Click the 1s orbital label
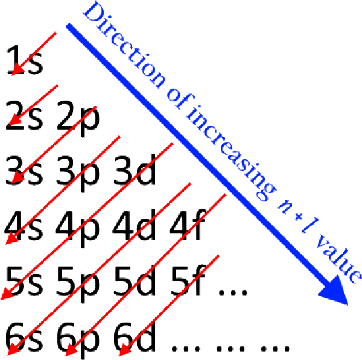coord(25,60)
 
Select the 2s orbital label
coord(24,115)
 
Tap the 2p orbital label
coord(78,119)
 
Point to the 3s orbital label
coord(24,171)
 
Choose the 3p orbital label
coord(78,174)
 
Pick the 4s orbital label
coord(24,226)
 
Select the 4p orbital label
coord(78,230)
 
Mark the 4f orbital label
coord(188,225)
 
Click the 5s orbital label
coord(24,282)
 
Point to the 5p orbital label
coord(78,285)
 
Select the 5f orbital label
coord(188,280)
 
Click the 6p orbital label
coord(78,341)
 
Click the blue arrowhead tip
coord(348,305)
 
